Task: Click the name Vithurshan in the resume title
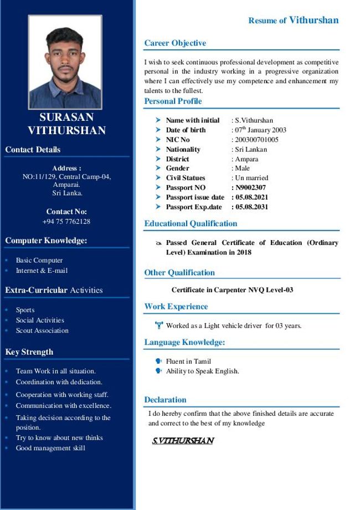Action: [x=313, y=21]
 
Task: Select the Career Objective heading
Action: [x=175, y=43]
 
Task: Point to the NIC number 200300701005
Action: [x=256, y=140]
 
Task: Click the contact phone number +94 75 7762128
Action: [x=66, y=222]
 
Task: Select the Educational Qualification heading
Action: [x=191, y=224]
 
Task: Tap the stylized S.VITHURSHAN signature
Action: [x=183, y=441]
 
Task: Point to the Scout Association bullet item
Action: [x=42, y=331]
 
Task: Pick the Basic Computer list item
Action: [x=39, y=261]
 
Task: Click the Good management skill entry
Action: [x=50, y=448]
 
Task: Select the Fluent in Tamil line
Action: [x=188, y=361]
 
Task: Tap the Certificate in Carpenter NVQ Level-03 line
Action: [x=232, y=290]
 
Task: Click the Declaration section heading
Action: [x=165, y=400]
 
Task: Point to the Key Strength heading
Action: [x=29, y=352]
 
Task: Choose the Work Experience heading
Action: [x=176, y=307]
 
